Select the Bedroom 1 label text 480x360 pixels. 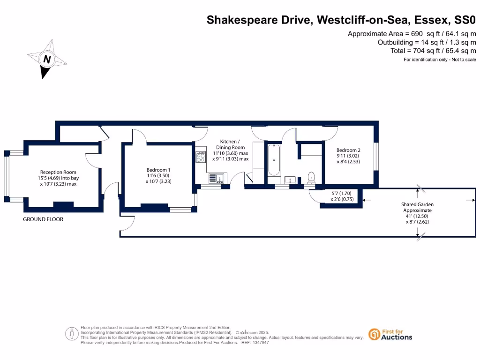click(158, 170)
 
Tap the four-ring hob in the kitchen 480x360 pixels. click(201, 157)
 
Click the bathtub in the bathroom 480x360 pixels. click(273, 160)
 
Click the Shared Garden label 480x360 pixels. click(417, 204)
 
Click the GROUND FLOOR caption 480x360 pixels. click(43, 219)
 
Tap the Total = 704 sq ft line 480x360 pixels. click(433, 51)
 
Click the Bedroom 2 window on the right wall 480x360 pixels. click(376, 157)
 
